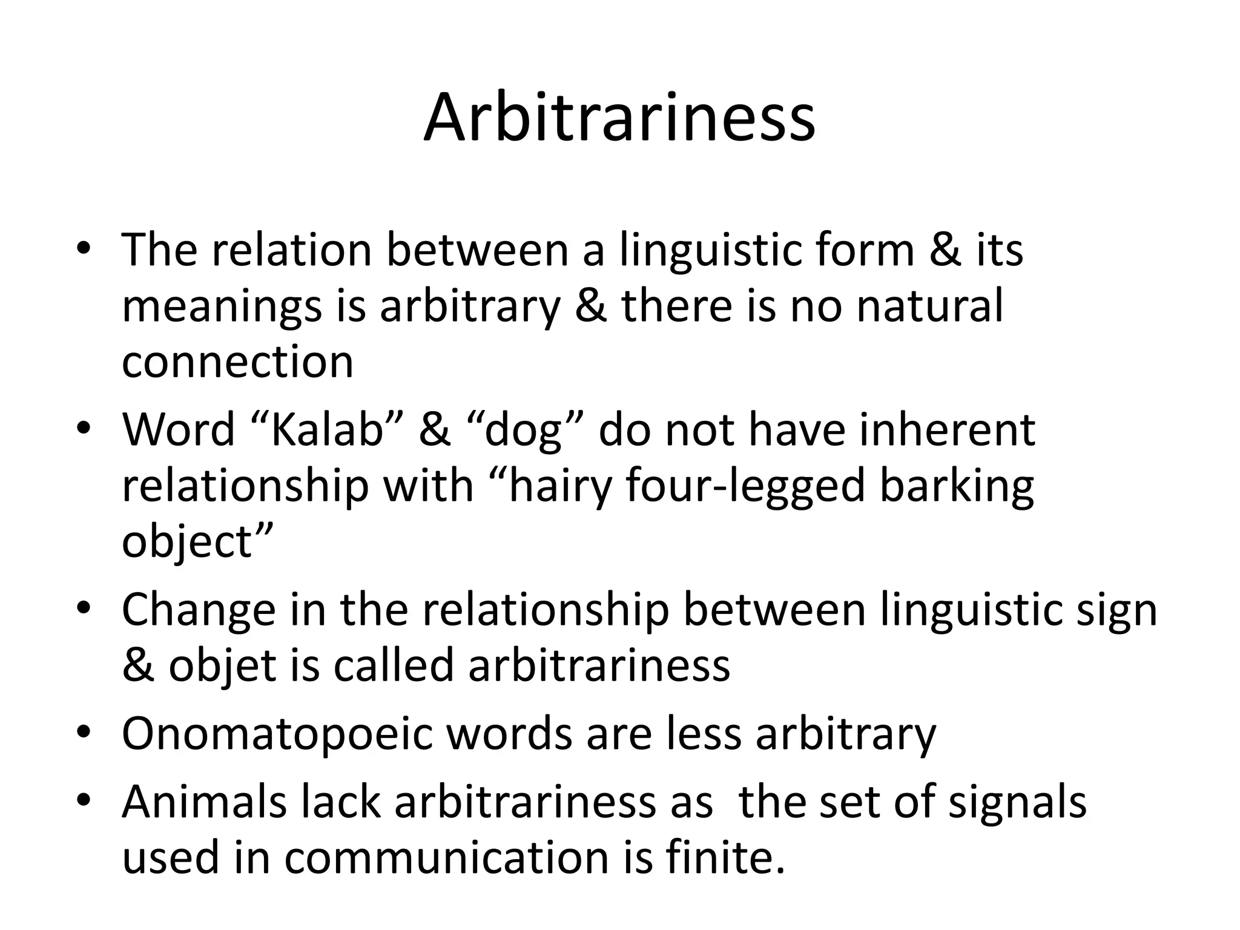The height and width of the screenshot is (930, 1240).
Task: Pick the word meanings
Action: [222, 307]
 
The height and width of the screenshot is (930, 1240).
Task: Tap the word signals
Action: [1017, 802]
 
